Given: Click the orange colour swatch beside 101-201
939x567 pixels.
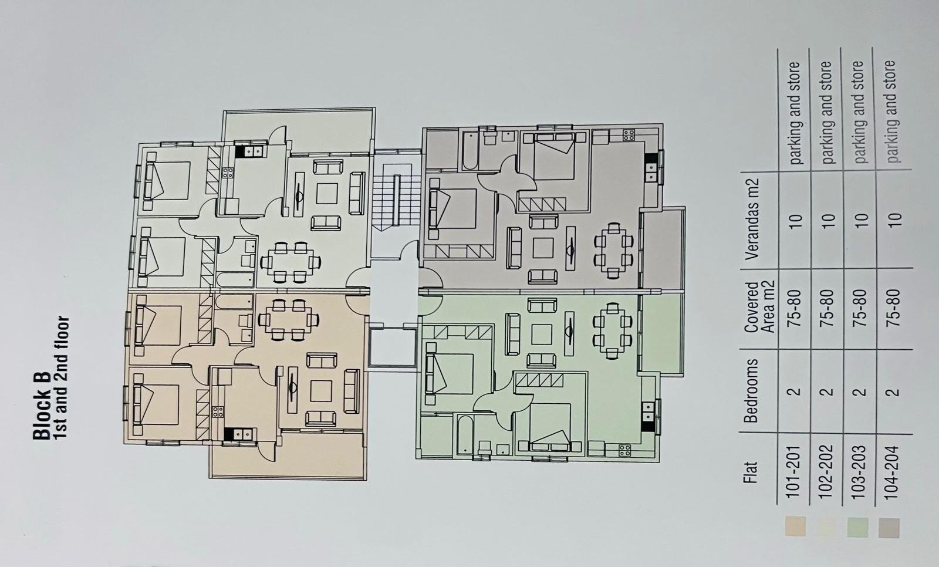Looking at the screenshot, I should (x=795, y=526).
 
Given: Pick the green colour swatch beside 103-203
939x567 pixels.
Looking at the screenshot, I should (x=858, y=527).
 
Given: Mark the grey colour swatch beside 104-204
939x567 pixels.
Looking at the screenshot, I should (x=889, y=528).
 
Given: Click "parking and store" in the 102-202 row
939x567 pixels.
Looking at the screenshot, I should (x=826, y=112).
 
